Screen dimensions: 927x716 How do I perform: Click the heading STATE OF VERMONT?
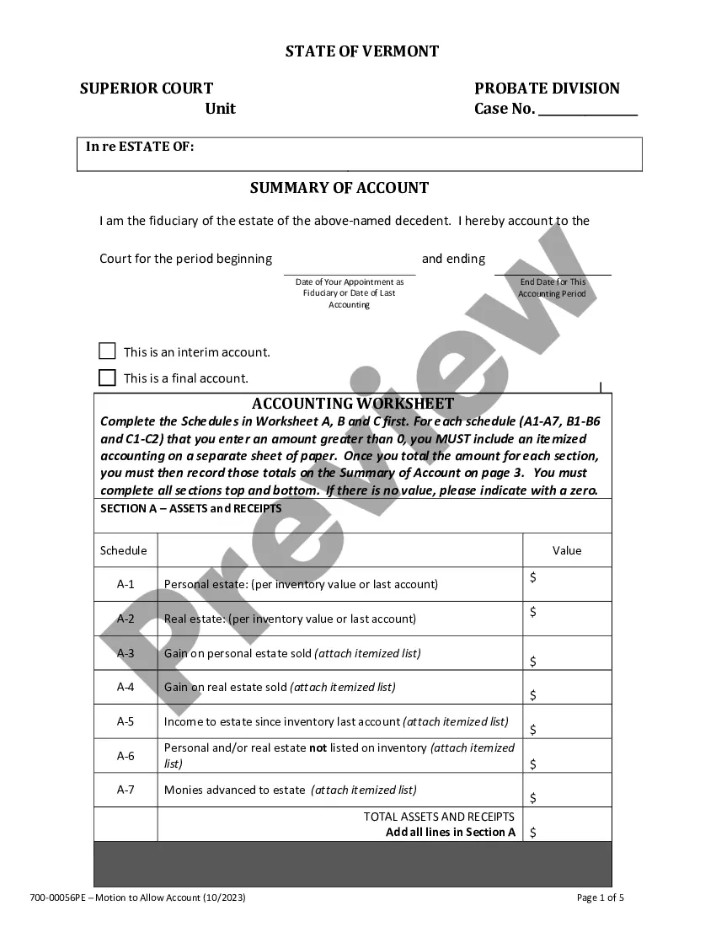coord(362,51)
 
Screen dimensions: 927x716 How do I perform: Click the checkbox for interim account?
coord(107,351)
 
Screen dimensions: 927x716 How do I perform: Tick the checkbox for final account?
coord(107,378)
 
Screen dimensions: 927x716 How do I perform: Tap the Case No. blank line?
coord(587,110)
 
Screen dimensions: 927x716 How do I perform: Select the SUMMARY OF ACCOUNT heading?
coord(339,188)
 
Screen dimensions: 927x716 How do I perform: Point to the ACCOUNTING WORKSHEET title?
coord(352,404)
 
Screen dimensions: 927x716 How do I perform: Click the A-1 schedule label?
coord(126,584)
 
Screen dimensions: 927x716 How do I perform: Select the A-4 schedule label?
coord(126,687)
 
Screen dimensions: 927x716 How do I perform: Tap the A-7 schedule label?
coord(126,790)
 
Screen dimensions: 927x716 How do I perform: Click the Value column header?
coord(567,550)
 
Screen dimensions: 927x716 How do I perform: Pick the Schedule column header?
coord(124,550)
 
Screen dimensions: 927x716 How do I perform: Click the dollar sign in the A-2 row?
coord(533,612)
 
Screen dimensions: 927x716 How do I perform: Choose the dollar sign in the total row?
coord(533,832)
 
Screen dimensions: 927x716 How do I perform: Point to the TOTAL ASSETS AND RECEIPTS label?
coord(439,817)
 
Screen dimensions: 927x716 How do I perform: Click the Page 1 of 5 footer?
coord(601,898)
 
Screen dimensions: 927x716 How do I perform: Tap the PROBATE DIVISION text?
coord(547,88)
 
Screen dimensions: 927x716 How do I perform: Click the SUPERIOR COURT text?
coord(147,88)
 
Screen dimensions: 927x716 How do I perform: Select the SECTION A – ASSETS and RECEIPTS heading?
coord(191,509)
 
